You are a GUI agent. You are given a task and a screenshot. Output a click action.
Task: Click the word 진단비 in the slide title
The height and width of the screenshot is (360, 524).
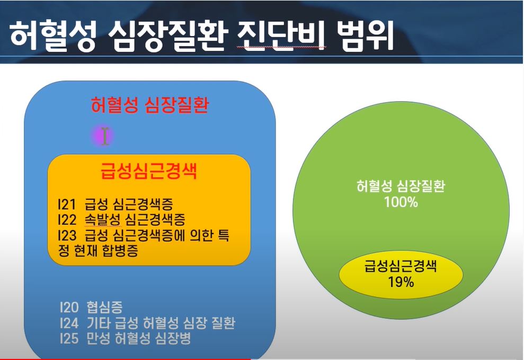pyautogui.click(x=281, y=35)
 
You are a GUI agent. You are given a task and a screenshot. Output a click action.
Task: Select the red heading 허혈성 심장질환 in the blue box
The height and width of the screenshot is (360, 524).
pyautogui.click(x=150, y=105)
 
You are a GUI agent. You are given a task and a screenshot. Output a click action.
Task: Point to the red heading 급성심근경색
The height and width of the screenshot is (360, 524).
pyautogui.click(x=149, y=172)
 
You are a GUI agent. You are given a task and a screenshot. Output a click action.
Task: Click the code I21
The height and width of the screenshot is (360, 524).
pyautogui.click(x=67, y=204)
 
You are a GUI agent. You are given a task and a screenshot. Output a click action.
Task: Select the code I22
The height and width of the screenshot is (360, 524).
pyautogui.click(x=67, y=219)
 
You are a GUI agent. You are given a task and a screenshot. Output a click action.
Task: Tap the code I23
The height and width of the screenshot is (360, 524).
pyautogui.click(x=67, y=235)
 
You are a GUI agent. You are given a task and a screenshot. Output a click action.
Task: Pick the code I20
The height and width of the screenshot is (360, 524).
pyautogui.click(x=69, y=307)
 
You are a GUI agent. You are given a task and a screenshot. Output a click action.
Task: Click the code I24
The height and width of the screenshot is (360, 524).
pyautogui.click(x=69, y=323)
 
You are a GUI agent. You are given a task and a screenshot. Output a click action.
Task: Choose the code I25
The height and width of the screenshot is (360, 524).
pyautogui.click(x=69, y=338)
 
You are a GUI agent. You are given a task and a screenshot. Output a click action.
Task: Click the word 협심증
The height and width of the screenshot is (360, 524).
pyautogui.click(x=104, y=307)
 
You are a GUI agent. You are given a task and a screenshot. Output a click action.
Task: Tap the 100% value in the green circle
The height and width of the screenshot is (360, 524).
pyautogui.click(x=401, y=202)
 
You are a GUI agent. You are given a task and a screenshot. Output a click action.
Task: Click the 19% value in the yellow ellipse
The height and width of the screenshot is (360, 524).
pyautogui.click(x=401, y=282)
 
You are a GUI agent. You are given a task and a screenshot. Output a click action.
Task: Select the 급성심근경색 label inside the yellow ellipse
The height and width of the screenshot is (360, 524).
pyautogui.click(x=401, y=266)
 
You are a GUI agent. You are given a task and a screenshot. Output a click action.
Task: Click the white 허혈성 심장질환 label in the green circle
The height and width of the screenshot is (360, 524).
pyautogui.click(x=401, y=186)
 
